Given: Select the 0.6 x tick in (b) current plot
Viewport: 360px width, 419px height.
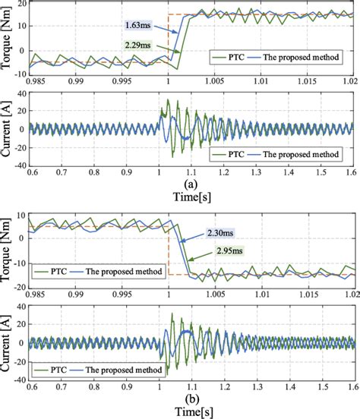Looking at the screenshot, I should tap(30, 384).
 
